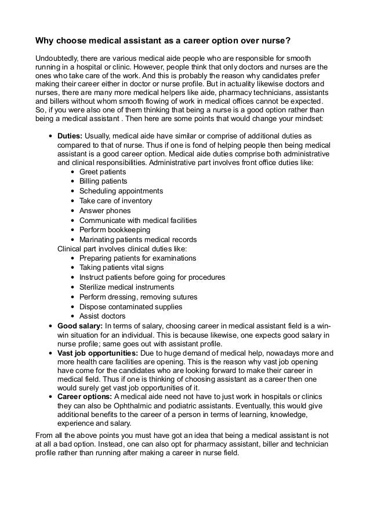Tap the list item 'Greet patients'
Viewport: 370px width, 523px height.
(x=102, y=172)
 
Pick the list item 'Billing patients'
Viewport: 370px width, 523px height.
(x=103, y=182)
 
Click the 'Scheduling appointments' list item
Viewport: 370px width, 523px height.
(x=121, y=191)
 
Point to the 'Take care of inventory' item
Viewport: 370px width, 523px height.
(x=115, y=201)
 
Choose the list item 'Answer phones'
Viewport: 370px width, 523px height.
(x=104, y=211)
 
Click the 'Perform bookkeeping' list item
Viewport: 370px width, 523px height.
(x=114, y=230)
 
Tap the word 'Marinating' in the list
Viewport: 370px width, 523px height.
(x=98, y=240)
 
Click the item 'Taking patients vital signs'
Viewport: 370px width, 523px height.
(x=121, y=268)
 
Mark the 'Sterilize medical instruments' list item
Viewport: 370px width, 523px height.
(x=126, y=287)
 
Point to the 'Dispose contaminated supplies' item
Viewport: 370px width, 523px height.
(x=130, y=306)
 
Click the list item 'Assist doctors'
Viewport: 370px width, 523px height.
(x=102, y=316)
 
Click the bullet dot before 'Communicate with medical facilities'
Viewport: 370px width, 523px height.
(x=71, y=221)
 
